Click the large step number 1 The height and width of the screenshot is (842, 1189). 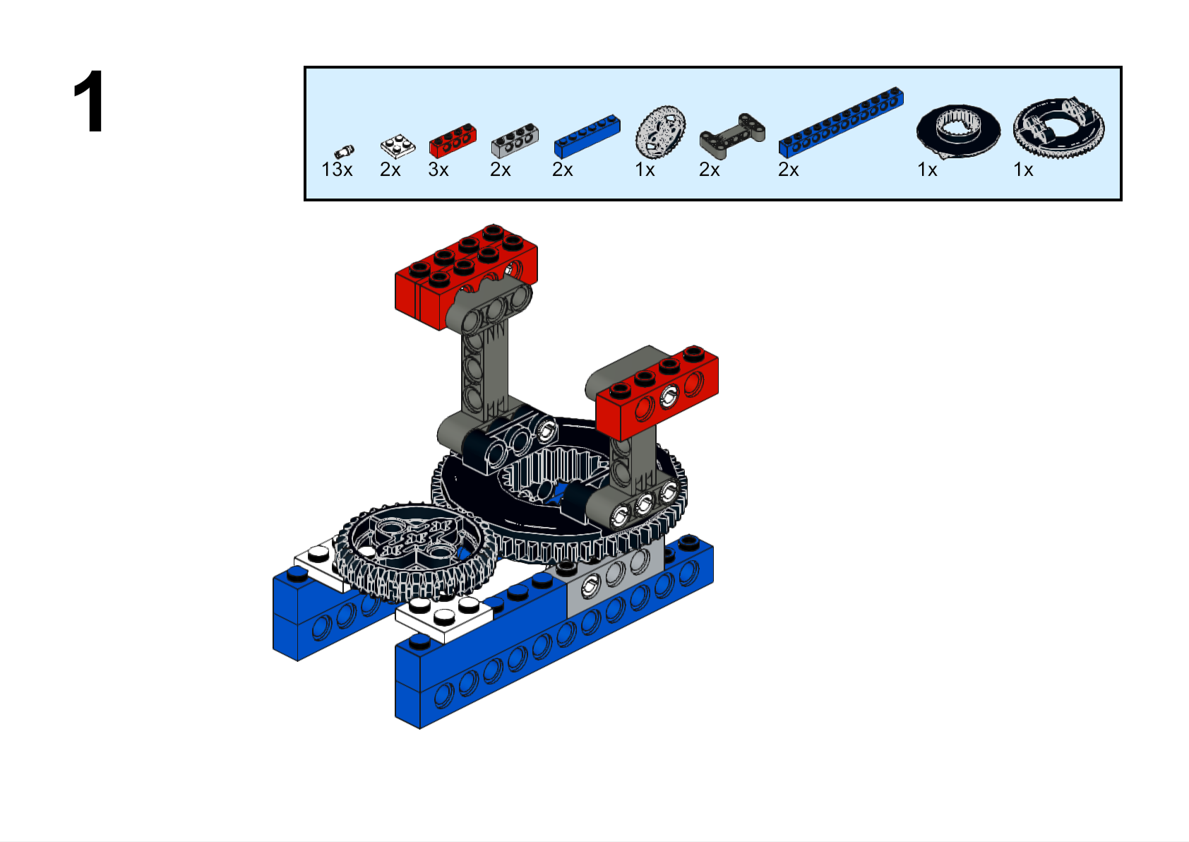pos(89,101)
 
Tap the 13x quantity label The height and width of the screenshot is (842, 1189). pos(337,170)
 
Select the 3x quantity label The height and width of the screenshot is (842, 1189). pos(438,170)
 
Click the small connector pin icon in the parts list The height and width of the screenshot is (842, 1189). pos(344,152)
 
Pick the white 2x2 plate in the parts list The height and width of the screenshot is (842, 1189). pos(398,146)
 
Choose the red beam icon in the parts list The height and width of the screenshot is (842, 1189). pos(453,141)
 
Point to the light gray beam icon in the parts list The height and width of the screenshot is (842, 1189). pos(515,141)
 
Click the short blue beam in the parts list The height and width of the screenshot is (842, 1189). pos(587,136)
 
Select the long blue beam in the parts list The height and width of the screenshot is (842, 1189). pos(841,123)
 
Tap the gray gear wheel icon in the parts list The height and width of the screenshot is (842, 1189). pos(660,131)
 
